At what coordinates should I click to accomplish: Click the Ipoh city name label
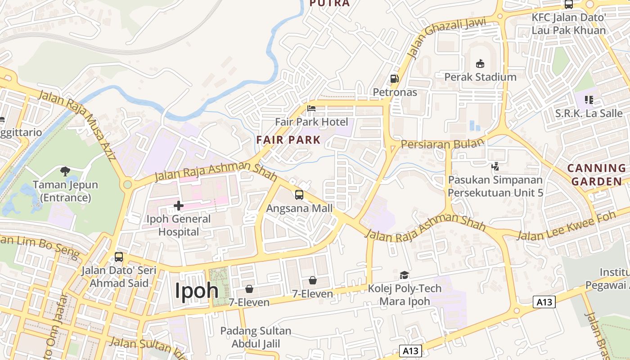tap(197, 290)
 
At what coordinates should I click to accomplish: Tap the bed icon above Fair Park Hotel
tap(311, 108)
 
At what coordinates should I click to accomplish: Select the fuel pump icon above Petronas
tap(395, 79)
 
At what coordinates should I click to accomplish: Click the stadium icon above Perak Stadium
tap(480, 63)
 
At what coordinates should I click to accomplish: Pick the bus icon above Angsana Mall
tap(299, 195)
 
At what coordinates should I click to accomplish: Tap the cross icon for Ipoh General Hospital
tap(179, 206)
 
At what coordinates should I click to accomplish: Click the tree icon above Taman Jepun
tap(65, 171)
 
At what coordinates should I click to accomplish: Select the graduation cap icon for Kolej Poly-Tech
tap(404, 275)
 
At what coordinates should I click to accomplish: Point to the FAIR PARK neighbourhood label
tap(288, 139)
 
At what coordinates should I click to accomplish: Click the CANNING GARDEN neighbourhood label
tap(596, 175)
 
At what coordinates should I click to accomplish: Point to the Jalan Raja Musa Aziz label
tap(77, 126)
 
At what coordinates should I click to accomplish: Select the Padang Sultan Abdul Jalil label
tap(256, 337)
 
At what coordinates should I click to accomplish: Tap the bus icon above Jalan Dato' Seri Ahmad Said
tap(119, 257)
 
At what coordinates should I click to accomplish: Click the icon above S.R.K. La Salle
tap(588, 100)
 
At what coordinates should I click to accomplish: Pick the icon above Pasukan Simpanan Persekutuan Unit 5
tap(495, 166)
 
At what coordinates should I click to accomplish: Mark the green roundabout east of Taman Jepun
tap(128, 184)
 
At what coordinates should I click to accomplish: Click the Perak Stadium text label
tap(480, 77)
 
